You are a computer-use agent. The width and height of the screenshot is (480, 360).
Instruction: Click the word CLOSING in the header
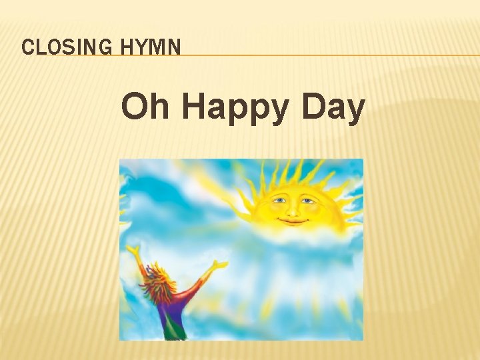pyautogui.click(x=59, y=47)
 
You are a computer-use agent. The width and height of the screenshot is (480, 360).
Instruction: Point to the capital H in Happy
pyautogui.click(x=193, y=107)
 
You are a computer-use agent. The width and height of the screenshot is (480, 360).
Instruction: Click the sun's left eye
pyautogui.click(x=279, y=199)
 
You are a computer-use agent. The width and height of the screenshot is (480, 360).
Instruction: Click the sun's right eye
pyautogui.click(x=307, y=200)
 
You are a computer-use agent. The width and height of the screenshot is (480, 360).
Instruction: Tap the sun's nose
pyautogui.click(x=293, y=209)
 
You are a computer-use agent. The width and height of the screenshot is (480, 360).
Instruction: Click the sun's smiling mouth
pyautogui.click(x=293, y=221)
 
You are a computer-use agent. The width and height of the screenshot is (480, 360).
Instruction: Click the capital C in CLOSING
pyautogui.click(x=27, y=47)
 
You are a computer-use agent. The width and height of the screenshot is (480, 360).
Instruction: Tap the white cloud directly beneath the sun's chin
pyautogui.click(x=293, y=235)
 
